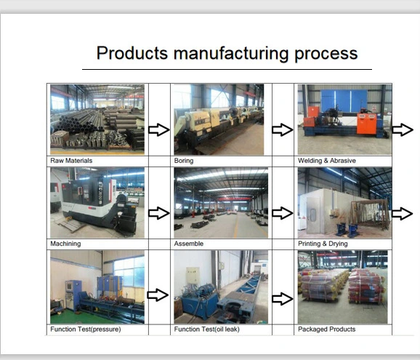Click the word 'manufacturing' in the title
(x=231, y=53)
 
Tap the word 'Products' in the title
(x=132, y=53)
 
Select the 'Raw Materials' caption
(x=71, y=161)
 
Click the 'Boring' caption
(x=184, y=161)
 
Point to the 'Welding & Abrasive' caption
(x=327, y=161)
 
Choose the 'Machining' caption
(x=65, y=244)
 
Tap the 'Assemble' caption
(x=189, y=244)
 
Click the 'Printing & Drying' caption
(x=323, y=244)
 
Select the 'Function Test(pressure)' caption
(x=86, y=329)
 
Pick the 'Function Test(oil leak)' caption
(x=207, y=329)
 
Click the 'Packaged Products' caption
(x=327, y=329)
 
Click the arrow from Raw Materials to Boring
(x=159, y=129)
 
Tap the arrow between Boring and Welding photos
(x=283, y=129)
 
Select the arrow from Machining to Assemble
(x=159, y=213)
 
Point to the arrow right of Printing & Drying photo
(x=402, y=214)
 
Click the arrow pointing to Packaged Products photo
(x=283, y=299)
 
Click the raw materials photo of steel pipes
(x=97, y=119)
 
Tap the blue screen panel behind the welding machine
(x=344, y=101)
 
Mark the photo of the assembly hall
(x=221, y=203)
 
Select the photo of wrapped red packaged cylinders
(x=342, y=287)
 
